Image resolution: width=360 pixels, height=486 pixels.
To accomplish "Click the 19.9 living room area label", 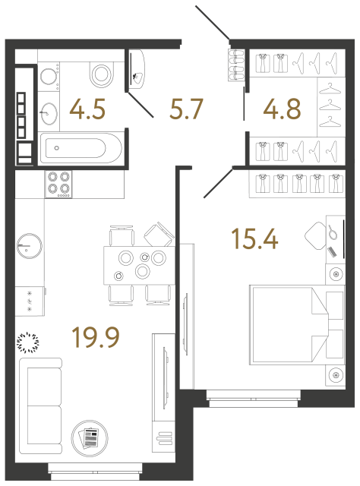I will pos(96,334).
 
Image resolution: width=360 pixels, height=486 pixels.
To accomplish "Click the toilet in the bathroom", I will pos(101,74).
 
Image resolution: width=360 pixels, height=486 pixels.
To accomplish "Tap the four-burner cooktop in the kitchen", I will pos(58,184).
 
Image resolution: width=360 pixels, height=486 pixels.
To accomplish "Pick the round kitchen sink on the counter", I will pos(29,245).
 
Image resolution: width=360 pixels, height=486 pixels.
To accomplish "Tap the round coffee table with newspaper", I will pos(90,437).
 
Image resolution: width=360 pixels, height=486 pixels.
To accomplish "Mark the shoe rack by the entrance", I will pos(236,63).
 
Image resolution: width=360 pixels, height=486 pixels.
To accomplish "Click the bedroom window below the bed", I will pos(254,395).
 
